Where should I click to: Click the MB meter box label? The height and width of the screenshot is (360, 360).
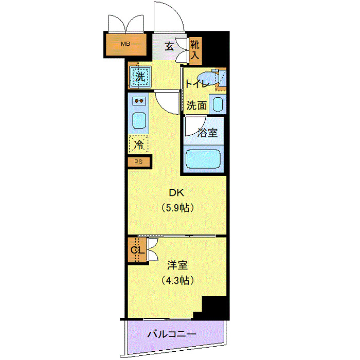click(x=125, y=44)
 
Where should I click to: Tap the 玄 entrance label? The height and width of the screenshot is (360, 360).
click(x=170, y=46)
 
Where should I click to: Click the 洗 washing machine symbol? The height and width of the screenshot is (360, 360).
click(x=140, y=77)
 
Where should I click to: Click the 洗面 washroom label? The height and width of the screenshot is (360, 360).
click(x=196, y=106)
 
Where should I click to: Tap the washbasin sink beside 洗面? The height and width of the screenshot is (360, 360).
click(x=217, y=106)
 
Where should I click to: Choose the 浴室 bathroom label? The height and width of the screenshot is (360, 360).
click(x=207, y=133)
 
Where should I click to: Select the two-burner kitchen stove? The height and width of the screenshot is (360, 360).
click(x=140, y=101)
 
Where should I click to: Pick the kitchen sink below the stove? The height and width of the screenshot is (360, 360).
click(x=140, y=121)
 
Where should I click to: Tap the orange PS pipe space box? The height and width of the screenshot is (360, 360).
click(x=139, y=162)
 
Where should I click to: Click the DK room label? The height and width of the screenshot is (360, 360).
click(x=176, y=193)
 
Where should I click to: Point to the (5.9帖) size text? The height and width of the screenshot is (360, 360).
click(x=176, y=208)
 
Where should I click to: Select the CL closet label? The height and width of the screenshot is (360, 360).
click(x=136, y=250)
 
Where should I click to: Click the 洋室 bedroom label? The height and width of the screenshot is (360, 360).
click(x=177, y=265)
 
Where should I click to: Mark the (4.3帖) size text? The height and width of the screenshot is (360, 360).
click(x=177, y=281)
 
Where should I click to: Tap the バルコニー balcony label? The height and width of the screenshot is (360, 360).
click(x=172, y=334)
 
